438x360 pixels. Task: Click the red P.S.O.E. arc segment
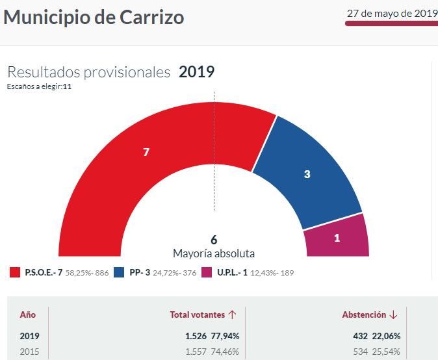146,152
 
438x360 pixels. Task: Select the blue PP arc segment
307,174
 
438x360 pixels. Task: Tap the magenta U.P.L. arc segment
337,238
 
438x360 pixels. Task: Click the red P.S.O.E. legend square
14,272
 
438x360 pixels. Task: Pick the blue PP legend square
119,272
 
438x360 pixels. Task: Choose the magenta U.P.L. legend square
207,272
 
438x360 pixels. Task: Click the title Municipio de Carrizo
94,17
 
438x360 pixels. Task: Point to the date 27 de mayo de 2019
392,13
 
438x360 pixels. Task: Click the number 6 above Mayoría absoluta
214,240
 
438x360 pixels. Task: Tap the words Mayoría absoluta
214,253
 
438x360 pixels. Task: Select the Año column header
28,315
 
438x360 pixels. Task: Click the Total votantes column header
198,315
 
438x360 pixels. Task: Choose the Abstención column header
364,315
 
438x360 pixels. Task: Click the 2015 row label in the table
29,352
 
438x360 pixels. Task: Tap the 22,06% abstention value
386,336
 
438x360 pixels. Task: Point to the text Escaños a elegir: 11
39,86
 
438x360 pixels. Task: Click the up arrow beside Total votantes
232,315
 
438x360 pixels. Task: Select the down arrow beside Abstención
393,315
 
